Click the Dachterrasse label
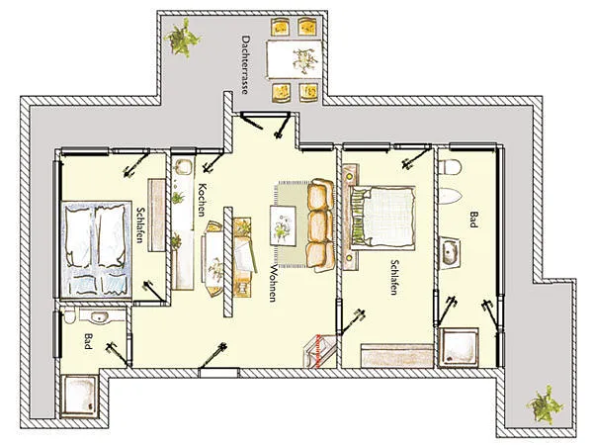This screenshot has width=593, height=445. click(245, 64)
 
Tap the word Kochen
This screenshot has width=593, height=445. click(202, 200)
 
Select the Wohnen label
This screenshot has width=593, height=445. click(273, 283)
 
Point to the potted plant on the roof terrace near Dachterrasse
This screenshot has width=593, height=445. click(182, 38)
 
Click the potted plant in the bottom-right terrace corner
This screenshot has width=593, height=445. click(545, 404)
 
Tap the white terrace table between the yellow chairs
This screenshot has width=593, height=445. click(295, 60)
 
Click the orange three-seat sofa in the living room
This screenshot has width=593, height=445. click(320, 225)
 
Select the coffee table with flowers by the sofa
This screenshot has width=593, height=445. click(283, 225)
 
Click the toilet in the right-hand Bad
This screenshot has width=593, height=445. click(450, 167)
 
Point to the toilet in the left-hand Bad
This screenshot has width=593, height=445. click(70, 315)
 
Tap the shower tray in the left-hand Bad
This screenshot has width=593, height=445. click(80, 396)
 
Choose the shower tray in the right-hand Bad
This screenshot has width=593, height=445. click(459, 347)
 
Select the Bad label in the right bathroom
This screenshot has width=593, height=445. click(473, 220)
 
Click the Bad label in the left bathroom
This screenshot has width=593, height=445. click(88, 341)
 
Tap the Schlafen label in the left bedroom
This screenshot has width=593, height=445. click(140, 224)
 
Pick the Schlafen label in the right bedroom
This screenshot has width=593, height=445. click(394, 277)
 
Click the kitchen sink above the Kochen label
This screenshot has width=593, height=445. click(184, 167)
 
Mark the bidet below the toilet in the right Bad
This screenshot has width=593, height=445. click(450, 196)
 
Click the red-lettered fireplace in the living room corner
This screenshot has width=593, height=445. click(319, 351)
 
